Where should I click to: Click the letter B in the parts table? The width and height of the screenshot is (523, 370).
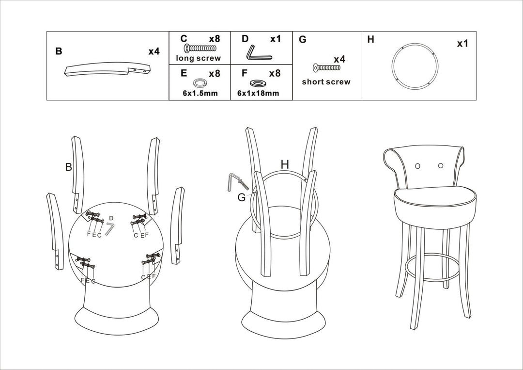pos(59,51)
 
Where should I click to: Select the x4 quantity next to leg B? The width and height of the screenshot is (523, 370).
pos(154,51)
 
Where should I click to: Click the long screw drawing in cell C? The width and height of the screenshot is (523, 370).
pos(200,48)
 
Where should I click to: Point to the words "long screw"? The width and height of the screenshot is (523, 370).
pos(199,58)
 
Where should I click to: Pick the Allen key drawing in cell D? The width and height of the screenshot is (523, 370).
pos(259,52)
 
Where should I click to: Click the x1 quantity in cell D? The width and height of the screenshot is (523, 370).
pos(275,39)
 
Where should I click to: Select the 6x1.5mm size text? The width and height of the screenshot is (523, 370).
pos(200,93)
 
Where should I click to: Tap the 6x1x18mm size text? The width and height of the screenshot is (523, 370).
pos(258,93)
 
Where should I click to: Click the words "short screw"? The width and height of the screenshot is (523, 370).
pos(326,82)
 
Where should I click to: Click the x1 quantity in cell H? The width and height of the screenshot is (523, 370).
pos(462,44)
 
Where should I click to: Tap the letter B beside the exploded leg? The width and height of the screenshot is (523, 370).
pos(69,167)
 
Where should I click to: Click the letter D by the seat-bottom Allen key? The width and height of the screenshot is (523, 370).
pos(111,218)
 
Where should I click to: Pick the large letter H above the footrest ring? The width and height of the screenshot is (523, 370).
pos(285,164)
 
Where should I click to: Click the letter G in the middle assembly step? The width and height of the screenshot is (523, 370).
pos(242,197)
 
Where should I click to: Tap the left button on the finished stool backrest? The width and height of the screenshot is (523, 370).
pos(417,166)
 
